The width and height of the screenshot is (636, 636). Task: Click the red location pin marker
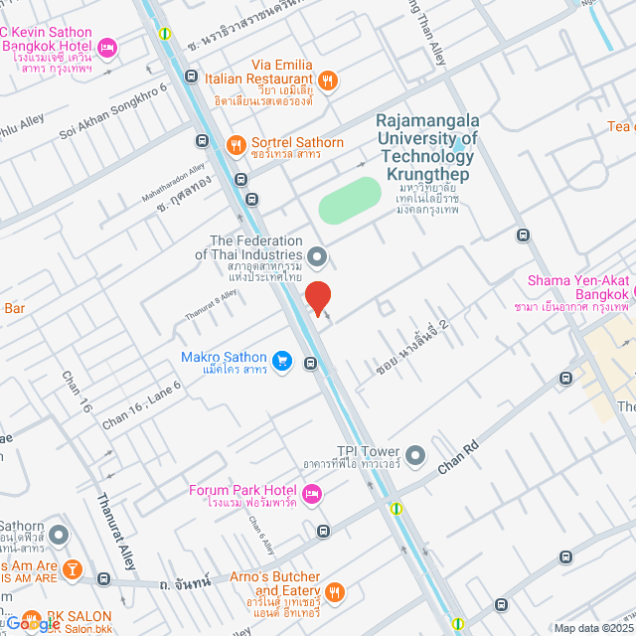pos(318,297)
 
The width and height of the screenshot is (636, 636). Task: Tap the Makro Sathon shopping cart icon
pos(281,360)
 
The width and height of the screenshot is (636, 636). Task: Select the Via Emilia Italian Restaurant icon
pos(329,80)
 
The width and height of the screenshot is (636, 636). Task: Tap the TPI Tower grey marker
pos(415,457)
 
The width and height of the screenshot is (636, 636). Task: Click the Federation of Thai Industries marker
pos(317,258)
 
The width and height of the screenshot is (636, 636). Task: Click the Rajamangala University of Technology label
pos(426,138)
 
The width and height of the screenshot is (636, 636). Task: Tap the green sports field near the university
pos(350,201)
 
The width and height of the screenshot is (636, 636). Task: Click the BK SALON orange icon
pos(30,617)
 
